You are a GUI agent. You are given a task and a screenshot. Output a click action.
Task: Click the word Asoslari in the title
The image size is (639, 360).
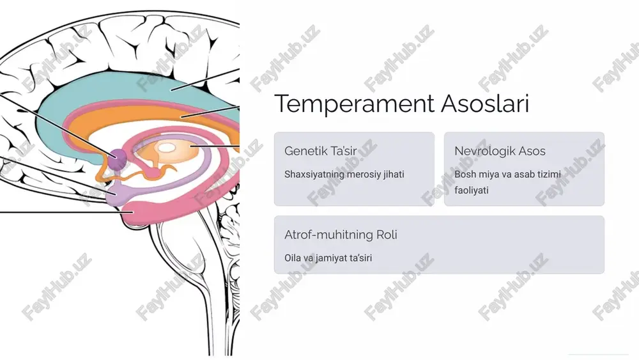click(486, 103)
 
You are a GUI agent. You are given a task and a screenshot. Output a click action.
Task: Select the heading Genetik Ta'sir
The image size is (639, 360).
click(320, 151)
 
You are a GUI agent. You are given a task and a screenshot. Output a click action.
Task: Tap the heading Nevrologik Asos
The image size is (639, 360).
click(500, 151)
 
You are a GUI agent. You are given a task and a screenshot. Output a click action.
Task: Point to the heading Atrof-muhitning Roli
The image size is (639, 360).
click(341, 235)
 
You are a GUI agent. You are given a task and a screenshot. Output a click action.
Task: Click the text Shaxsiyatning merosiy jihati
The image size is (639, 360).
click(344, 175)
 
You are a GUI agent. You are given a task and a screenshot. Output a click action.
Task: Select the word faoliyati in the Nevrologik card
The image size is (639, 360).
click(471, 191)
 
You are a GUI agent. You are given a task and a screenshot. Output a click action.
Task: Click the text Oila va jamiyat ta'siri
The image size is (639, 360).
click(328, 258)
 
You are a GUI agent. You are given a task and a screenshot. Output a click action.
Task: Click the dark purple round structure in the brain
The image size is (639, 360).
click(118, 158)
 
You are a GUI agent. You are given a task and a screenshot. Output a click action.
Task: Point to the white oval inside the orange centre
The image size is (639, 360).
click(166, 148)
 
